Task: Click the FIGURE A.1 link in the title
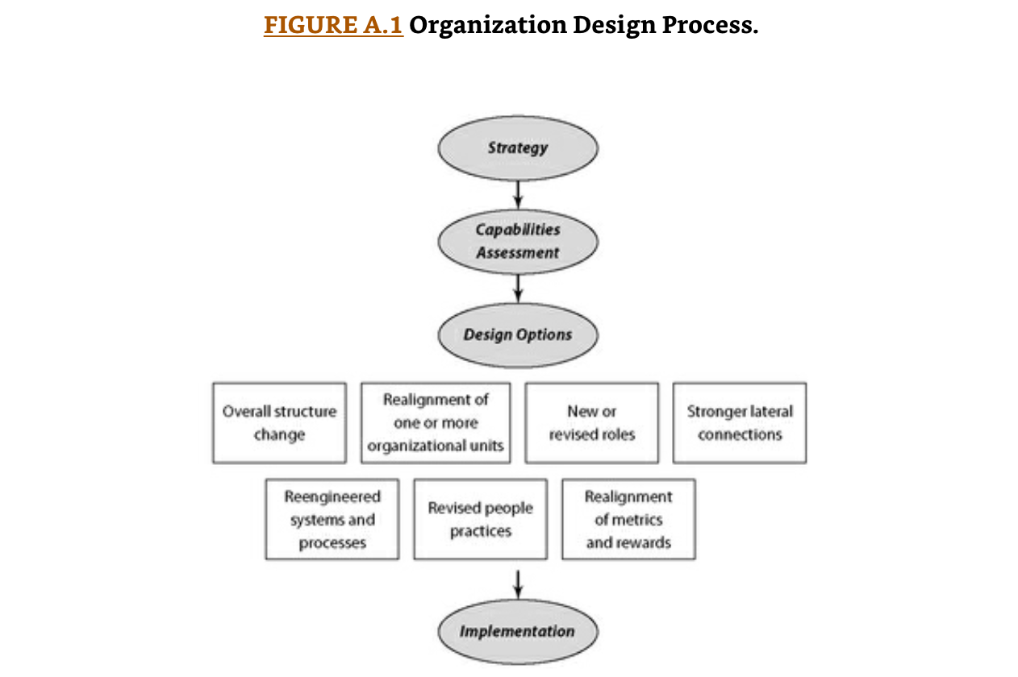pyautogui.click(x=333, y=25)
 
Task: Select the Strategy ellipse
pyautogui.click(x=518, y=148)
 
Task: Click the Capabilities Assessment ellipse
pyautogui.click(x=518, y=241)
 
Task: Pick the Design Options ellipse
pyautogui.click(x=518, y=334)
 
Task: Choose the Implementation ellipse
pyautogui.click(x=518, y=631)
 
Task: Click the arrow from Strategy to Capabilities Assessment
pyautogui.click(x=518, y=194)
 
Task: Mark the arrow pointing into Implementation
pyautogui.click(x=518, y=584)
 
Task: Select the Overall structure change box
pyautogui.click(x=279, y=423)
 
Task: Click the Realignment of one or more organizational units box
pyautogui.click(x=436, y=423)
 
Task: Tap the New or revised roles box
pyautogui.click(x=592, y=423)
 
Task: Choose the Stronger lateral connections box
pyautogui.click(x=740, y=423)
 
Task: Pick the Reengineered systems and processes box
pyautogui.click(x=332, y=520)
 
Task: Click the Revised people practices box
pyautogui.click(x=481, y=520)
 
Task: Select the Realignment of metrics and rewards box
pyautogui.click(x=628, y=520)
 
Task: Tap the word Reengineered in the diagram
pyautogui.click(x=332, y=497)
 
